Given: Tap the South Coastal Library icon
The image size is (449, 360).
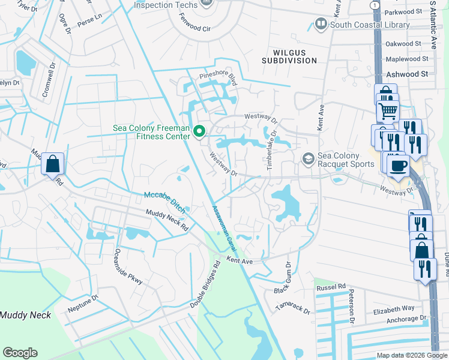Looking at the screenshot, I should [321, 25].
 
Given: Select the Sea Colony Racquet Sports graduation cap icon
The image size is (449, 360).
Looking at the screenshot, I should [309, 158].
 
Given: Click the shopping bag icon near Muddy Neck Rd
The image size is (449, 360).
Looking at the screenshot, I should [52, 163].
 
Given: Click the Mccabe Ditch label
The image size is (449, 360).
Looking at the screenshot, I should [164, 200].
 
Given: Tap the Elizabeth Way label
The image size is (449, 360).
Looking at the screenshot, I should [394, 308].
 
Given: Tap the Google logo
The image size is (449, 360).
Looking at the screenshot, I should [20, 353].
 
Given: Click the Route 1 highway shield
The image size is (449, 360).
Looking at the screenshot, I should [375, 5].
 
